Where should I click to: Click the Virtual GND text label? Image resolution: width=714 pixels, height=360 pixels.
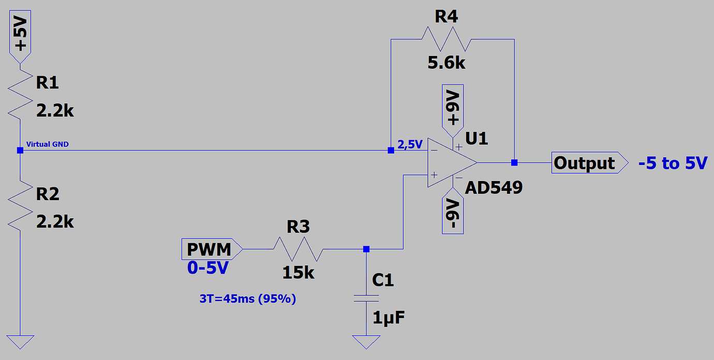pyautogui.click(x=47, y=144)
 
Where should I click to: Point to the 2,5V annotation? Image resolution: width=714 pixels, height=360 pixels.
pyautogui.click(x=410, y=144)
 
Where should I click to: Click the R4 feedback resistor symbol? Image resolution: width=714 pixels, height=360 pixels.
pyautogui.click(x=446, y=39)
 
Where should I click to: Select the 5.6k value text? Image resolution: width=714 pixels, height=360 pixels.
pyautogui.click(x=447, y=63)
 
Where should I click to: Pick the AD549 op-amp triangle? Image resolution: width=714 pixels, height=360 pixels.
pyautogui.click(x=448, y=163)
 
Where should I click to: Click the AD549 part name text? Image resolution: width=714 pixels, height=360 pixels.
pyautogui.click(x=494, y=188)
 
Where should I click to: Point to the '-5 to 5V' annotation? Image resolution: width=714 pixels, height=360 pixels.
pyautogui.click(x=672, y=163)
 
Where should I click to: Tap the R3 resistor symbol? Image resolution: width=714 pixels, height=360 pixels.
pyautogui.click(x=299, y=249)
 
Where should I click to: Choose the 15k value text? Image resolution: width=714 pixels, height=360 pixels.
pyautogui.click(x=298, y=273)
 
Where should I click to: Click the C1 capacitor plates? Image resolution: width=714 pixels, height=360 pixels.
pyautogui.click(x=366, y=298)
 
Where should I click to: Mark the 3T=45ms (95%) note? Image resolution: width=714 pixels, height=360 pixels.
pyautogui.click(x=247, y=298)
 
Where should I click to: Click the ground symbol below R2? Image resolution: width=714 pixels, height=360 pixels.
pyautogui.click(x=20, y=342)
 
